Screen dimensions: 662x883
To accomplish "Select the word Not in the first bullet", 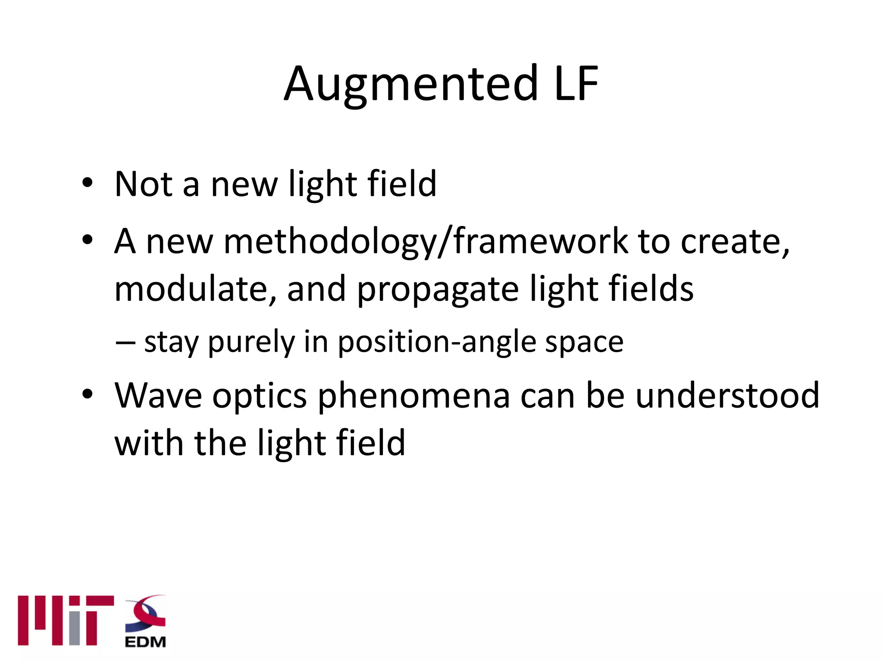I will click(x=144, y=184).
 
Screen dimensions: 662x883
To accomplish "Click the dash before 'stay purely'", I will click(x=125, y=343).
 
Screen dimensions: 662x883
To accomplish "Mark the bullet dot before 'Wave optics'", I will click(x=88, y=394).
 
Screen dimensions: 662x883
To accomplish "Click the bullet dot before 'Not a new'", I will click(x=88, y=183).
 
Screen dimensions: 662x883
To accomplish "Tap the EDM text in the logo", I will click(x=145, y=642).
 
